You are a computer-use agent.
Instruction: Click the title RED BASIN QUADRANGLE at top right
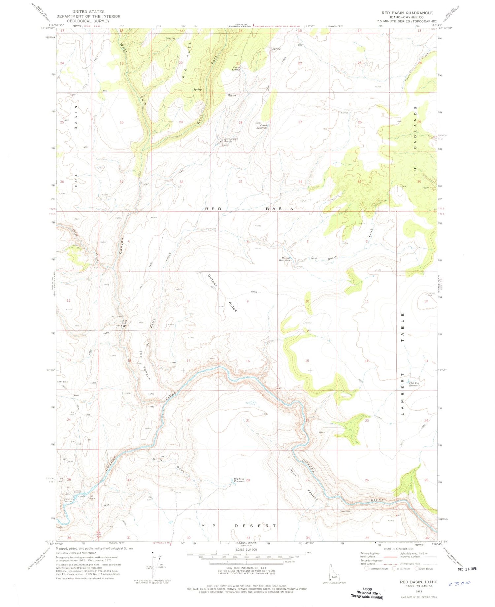[407, 13]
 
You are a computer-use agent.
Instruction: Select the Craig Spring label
[236, 68]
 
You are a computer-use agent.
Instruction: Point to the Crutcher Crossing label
[68, 500]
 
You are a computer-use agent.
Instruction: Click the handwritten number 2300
[459, 583]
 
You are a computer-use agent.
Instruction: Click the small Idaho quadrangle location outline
[333, 573]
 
